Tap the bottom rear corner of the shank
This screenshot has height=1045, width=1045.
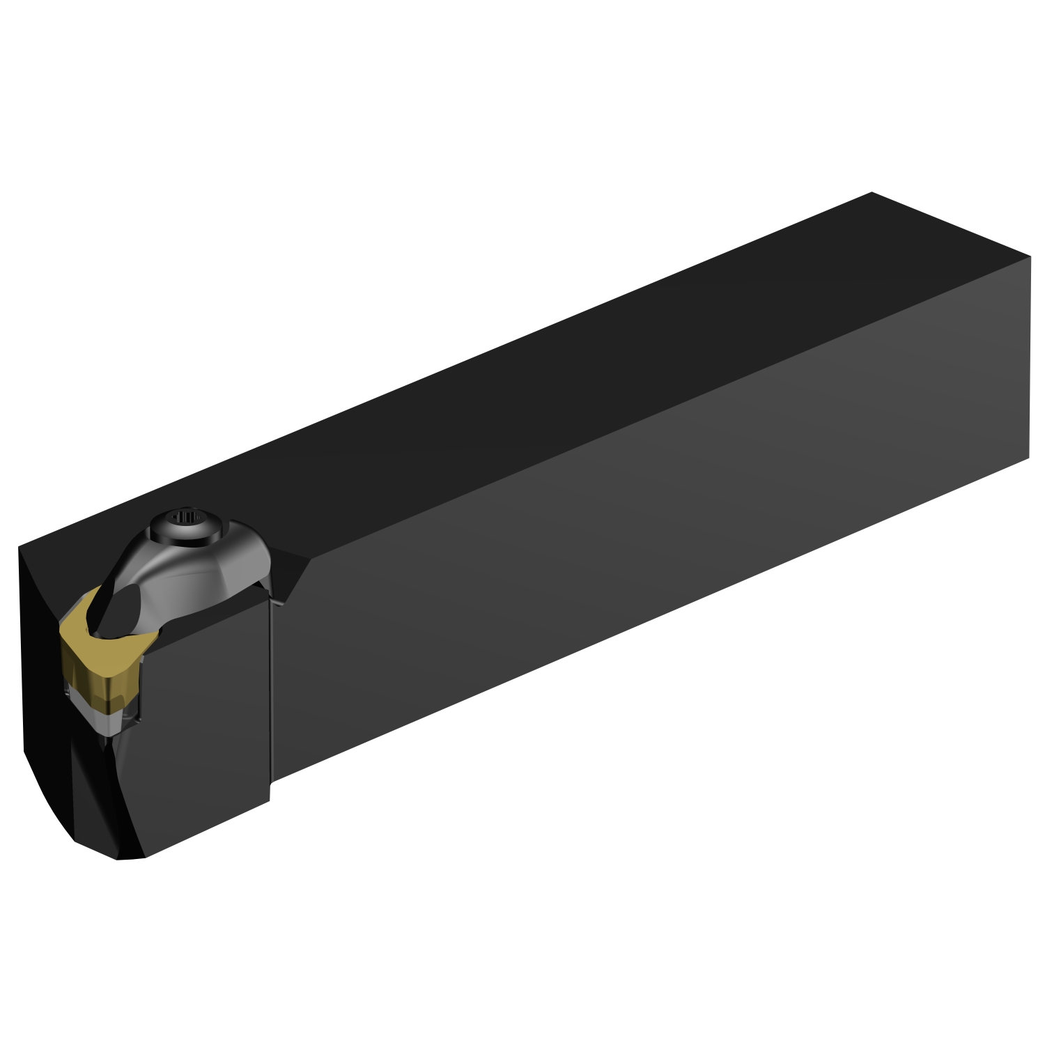1029,458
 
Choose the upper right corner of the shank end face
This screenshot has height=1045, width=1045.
1030,256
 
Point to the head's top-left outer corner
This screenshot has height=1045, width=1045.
19,549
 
